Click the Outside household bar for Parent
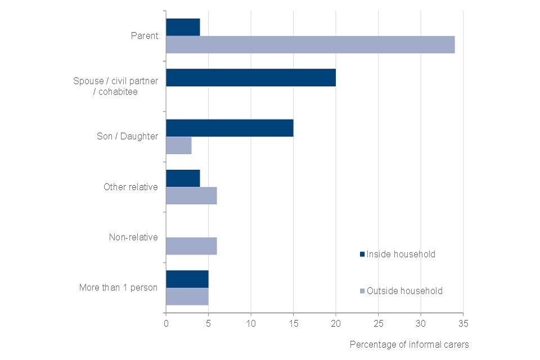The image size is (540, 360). (310, 44)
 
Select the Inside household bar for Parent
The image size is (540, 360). (183, 27)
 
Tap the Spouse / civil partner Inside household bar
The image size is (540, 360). (251, 78)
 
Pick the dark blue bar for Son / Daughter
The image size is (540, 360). (229, 128)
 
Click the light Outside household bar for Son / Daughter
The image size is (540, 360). (179, 145)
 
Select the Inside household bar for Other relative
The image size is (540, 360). (183, 178)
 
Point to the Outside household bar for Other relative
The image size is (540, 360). (191, 196)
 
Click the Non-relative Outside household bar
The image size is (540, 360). (191, 246)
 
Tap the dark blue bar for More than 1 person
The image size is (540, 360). (187, 279)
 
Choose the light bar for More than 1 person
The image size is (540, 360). (187, 296)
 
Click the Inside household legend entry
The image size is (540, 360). (397, 254)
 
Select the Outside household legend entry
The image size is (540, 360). (400, 291)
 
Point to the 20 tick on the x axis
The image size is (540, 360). (336, 323)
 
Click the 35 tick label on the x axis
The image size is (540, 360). (463, 323)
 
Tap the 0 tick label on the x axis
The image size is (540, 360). (166, 323)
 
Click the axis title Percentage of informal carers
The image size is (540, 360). (409, 344)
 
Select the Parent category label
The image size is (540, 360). (145, 36)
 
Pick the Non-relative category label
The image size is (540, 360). (133, 237)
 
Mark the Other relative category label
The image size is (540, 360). (130, 187)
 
